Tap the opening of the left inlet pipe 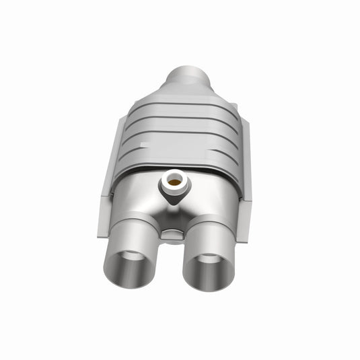pos(130,263)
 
